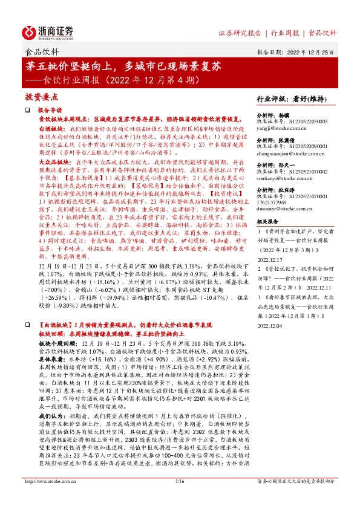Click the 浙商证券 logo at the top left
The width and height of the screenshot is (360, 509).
(49, 31)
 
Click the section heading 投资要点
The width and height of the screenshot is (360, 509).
(41, 97)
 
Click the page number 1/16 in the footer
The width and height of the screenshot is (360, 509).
(179, 498)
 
